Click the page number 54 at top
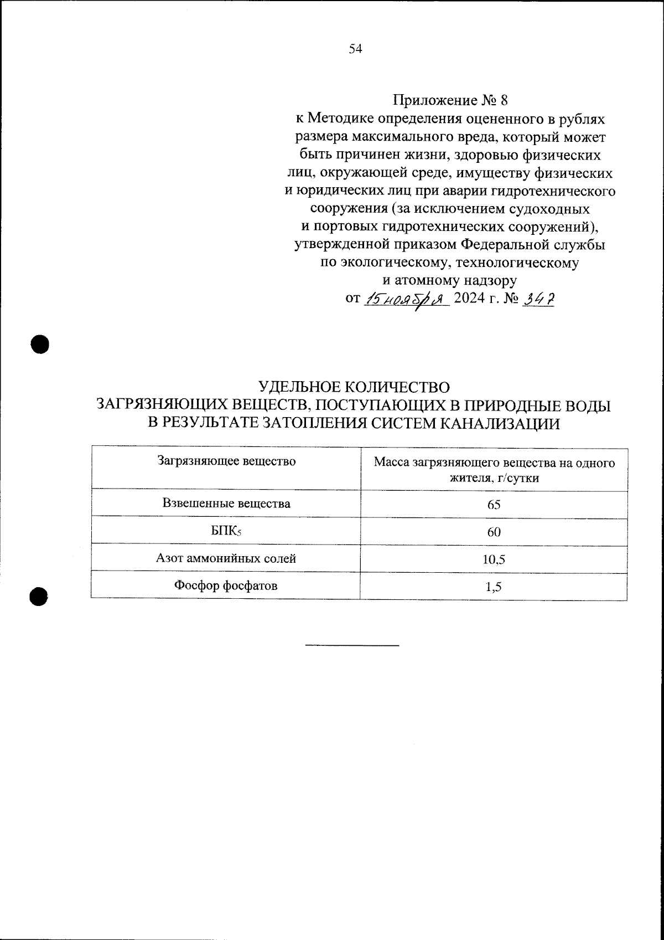(355, 49)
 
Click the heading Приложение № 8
(449, 101)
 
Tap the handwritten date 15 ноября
(406, 299)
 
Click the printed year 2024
(469, 299)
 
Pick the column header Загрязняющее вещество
(226, 461)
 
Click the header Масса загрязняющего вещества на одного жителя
(494, 469)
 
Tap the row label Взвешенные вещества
(226, 504)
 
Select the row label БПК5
(226, 532)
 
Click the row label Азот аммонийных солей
(226, 558)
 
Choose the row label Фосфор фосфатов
(226, 585)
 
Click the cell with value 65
(494, 505)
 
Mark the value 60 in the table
(494, 532)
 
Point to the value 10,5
(494, 559)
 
